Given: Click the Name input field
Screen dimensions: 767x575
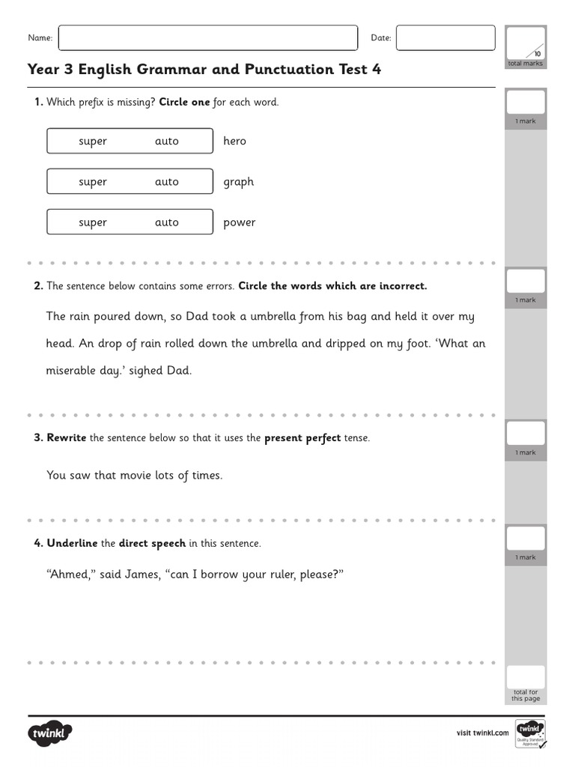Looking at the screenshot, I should click(x=207, y=37).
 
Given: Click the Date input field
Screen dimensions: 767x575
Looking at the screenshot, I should click(x=445, y=37).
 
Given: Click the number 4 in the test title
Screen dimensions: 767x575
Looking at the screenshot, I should click(x=377, y=70).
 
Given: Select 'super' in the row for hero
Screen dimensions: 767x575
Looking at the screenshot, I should click(x=93, y=141).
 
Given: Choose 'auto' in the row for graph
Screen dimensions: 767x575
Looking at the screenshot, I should click(x=166, y=182).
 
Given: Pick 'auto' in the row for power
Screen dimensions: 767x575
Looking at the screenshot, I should click(x=166, y=222).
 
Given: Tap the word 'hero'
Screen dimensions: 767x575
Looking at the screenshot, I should click(x=234, y=141).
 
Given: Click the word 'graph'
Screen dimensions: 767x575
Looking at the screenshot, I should click(x=238, y=182).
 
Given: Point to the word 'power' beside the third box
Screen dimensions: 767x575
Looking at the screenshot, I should click(x=239, y=222).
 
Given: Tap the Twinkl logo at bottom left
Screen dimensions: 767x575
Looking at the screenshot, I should click(x=49, y=733).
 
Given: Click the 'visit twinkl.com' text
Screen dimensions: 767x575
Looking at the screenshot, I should click(x=483, y=733).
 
